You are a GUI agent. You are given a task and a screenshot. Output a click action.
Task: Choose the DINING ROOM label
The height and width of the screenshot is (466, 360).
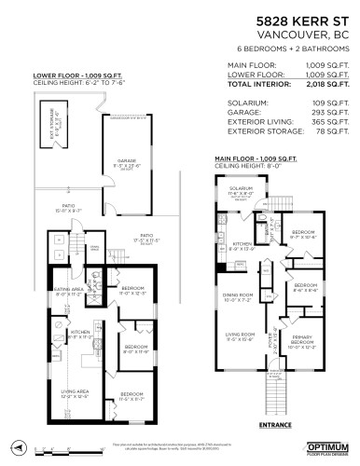click(x=238, y=295)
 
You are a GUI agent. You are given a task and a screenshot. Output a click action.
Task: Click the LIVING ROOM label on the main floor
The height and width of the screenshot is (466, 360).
click(x=237, y=335)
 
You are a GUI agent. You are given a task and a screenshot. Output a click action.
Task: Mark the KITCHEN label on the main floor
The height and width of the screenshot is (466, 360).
click(x=235, y=245)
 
